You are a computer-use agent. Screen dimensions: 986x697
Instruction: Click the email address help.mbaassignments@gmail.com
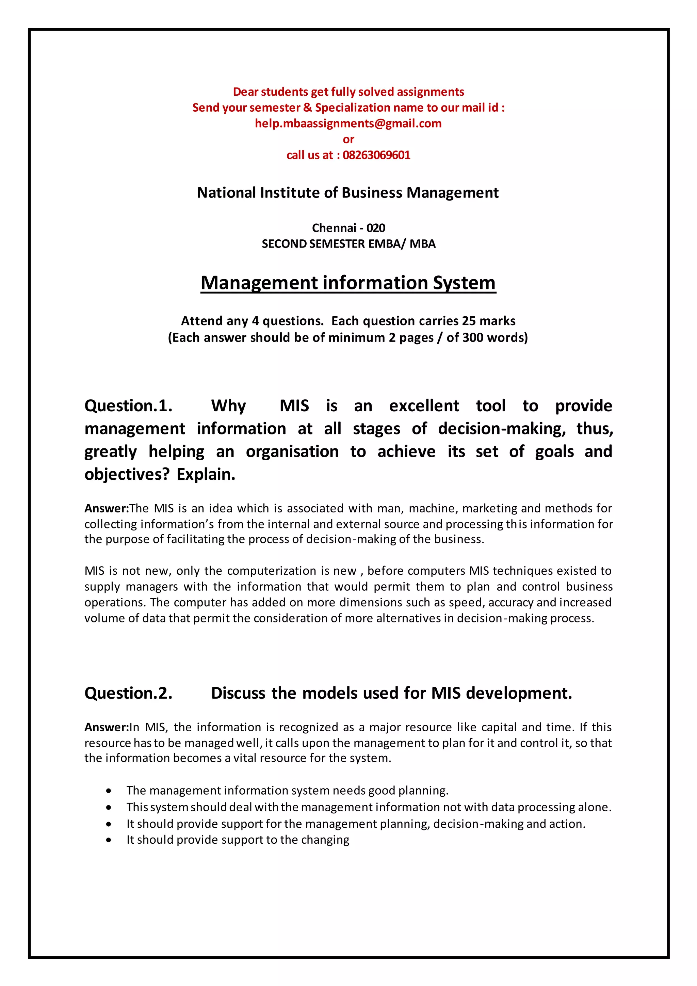(348, 124)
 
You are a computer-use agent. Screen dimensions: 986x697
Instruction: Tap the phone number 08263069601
(376, 155)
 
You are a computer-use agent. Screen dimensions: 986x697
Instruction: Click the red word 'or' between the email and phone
(348, 140)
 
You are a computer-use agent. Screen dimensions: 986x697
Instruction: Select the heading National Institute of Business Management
(347, 193)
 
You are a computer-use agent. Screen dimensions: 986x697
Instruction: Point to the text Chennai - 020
(348, 228)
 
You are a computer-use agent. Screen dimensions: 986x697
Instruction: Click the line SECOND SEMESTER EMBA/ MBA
(348, 244)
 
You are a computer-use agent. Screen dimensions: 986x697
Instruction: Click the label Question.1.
(128, 406)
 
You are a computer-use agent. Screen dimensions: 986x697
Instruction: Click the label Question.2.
(128, 693)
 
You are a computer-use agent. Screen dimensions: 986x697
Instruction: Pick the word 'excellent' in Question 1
(424, 406)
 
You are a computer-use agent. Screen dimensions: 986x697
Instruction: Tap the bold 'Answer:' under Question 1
(107, 508)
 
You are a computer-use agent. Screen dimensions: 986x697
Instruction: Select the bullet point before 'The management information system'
(109, 791)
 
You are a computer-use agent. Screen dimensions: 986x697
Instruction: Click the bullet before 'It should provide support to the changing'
(109, 840)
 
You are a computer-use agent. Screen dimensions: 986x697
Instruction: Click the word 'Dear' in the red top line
(245, 92)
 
